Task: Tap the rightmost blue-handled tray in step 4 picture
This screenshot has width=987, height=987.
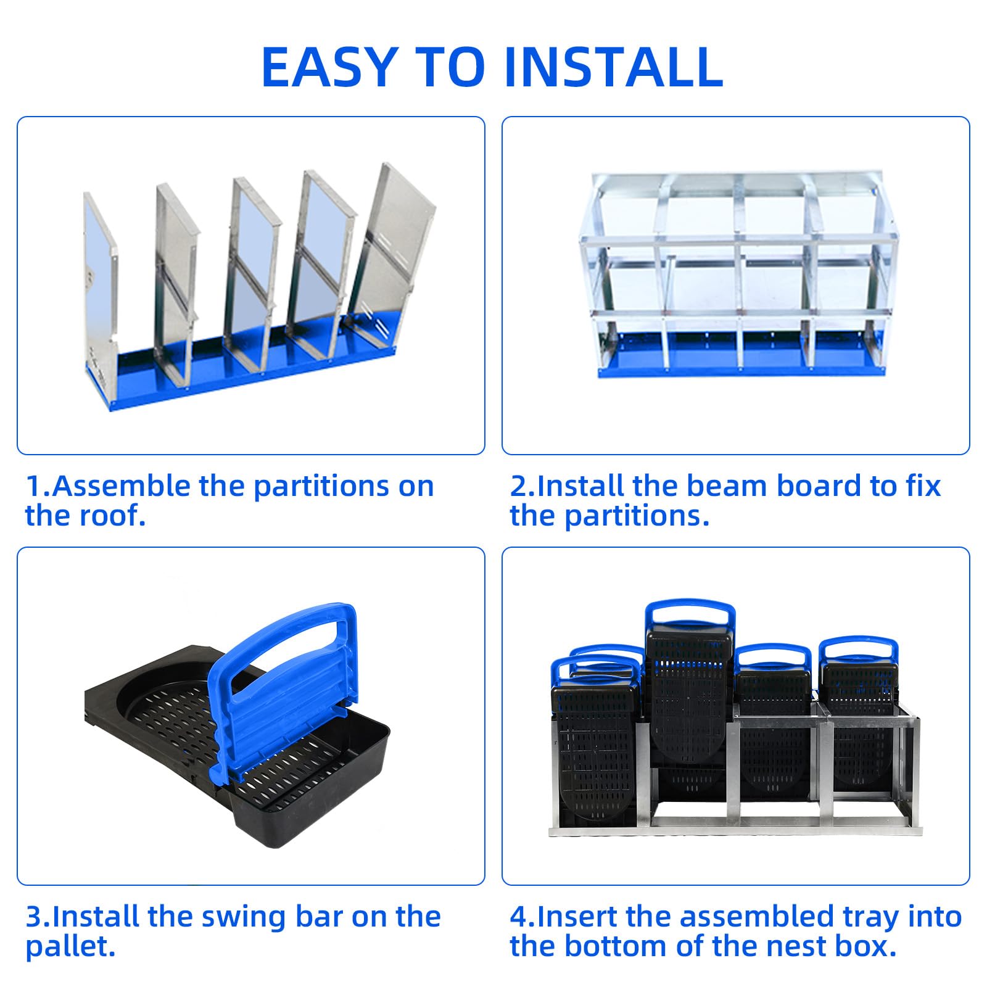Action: (x=859, y=709)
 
